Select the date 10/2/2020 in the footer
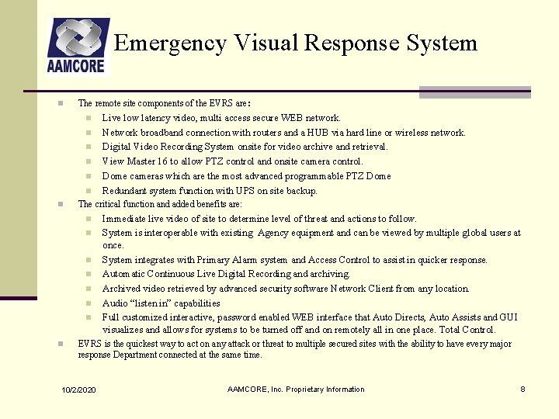(x=78, y=389)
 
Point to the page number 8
(x=523, y=389)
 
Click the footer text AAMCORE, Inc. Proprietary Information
(x=296, y=389)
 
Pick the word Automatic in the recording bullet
(x=125, y=274)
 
